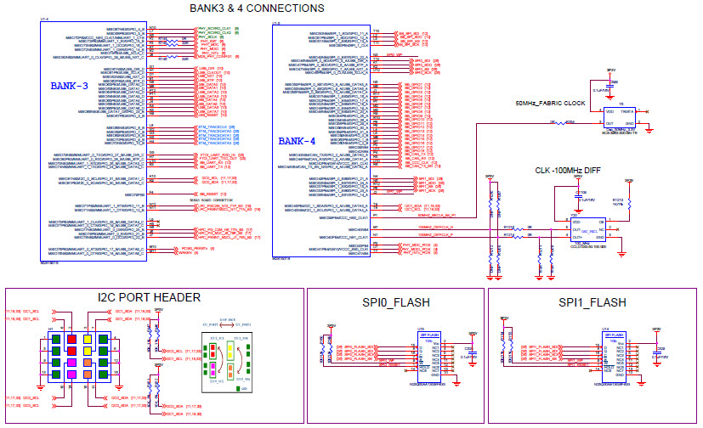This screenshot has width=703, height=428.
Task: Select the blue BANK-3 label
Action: coord(69,86)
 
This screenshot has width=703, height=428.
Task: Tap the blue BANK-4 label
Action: coord(297,141)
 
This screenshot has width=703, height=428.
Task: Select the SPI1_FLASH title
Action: coord(592,302)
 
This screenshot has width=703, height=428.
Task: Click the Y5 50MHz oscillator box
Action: coord(619,116)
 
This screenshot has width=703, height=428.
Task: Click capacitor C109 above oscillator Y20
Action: coord(584,197)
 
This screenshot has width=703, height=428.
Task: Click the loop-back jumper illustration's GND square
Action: coord(219,388)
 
